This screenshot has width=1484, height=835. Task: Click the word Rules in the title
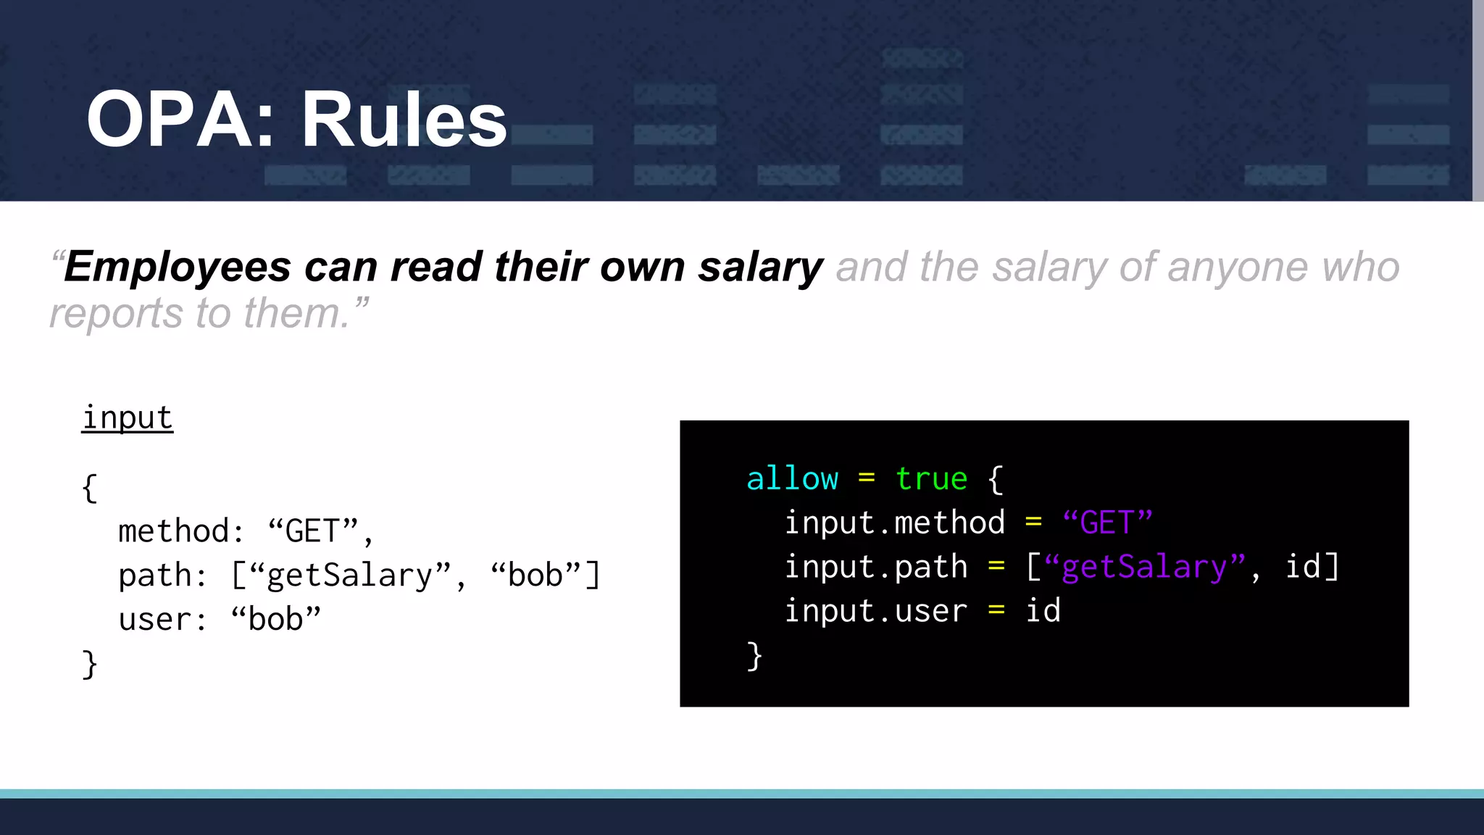pyautogui.click(x=404, y=120)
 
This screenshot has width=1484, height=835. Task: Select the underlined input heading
pyautogui.click(x=128, y=418)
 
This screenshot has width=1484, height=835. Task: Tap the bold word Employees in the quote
pyautogui.click(x=178, y=267)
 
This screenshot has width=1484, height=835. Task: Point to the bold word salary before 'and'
pyautogui.click(x=760, y=267)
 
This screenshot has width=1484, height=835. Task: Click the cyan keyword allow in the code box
pyautogui.click(x=792, y=479)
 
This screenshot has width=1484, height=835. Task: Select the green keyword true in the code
pyautogui.click(x=931, y=479)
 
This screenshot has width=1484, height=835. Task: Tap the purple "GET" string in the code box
pyautogui.click(x=1107, y=523)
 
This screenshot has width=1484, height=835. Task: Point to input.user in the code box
pyautogui.click(x=875, y=611)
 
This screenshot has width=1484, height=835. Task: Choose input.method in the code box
pyautogui.click(x=894, y=523)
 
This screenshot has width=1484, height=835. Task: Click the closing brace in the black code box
pyautogui.click(x=754, y=656)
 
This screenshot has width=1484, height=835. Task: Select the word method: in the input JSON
pyautogui.click(x=180, y=531)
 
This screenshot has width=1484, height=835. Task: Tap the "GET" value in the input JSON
pyautogui.click(x=313, y=531)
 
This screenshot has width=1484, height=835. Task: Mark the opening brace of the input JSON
pyautogui.click(x=89, y=488)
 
